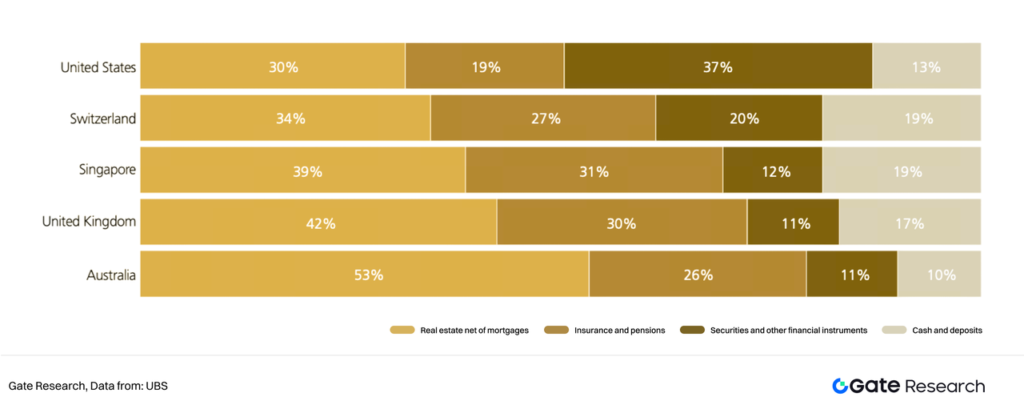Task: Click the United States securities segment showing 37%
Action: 718,66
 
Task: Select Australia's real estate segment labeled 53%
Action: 364,274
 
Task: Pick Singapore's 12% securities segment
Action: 772,170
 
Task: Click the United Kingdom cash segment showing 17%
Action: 910,223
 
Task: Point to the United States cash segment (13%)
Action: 926,66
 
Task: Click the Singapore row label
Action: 107,170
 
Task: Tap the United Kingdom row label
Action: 89,222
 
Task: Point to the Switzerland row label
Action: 102,118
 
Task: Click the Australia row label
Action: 111,275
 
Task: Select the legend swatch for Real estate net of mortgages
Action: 402,330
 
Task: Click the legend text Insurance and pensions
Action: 619,330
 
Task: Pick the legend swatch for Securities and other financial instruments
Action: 691,330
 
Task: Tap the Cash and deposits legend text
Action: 947,330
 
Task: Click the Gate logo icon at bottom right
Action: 840,386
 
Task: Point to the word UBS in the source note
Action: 157,386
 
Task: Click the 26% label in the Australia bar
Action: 698,275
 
